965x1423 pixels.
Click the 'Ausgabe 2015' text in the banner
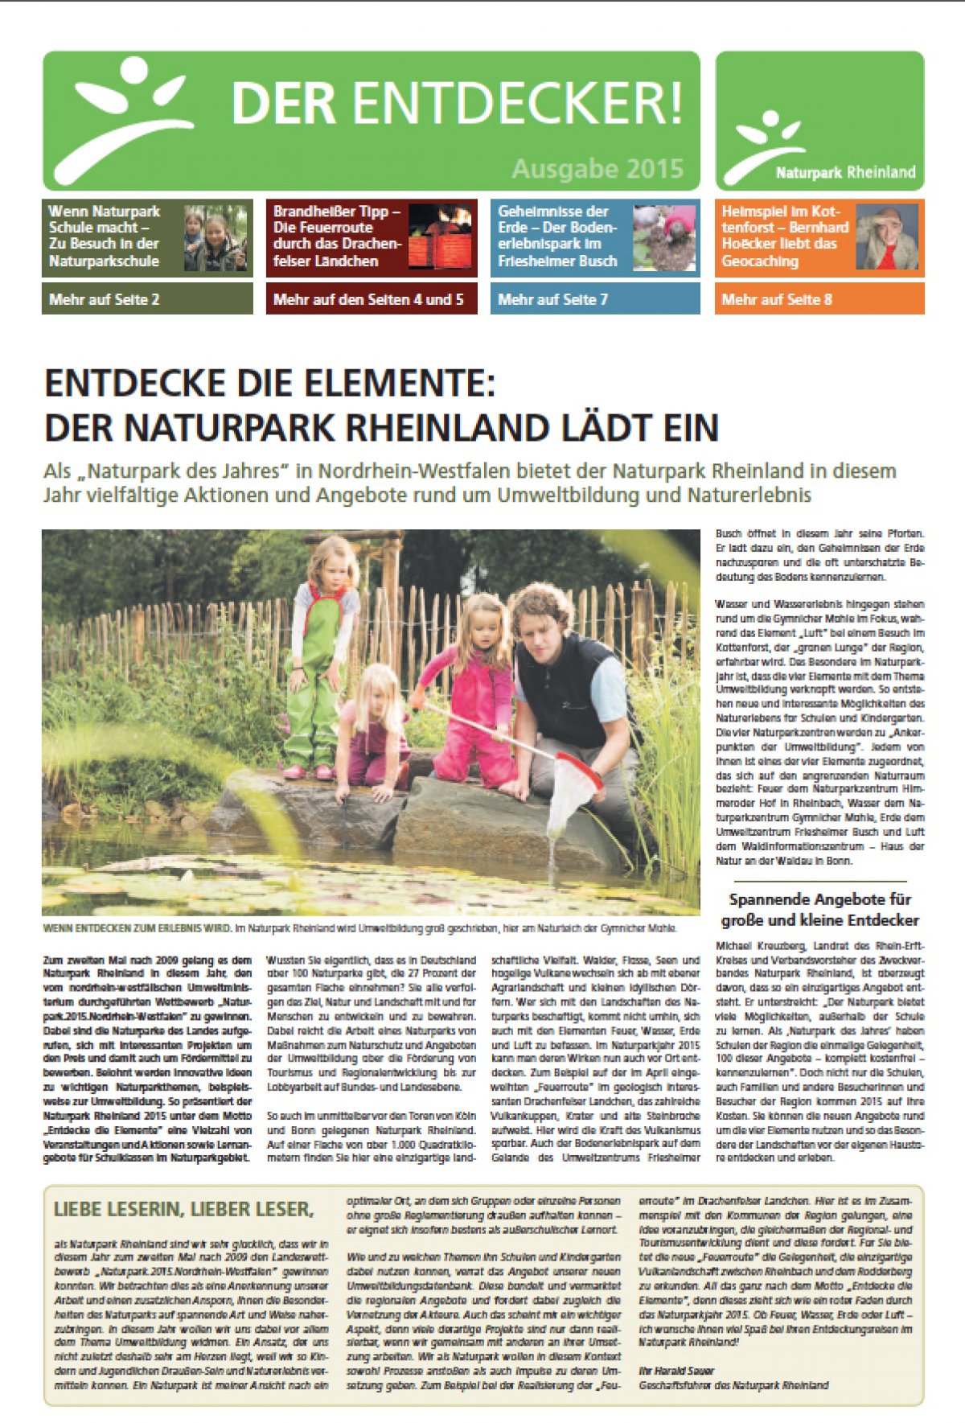point(597,169)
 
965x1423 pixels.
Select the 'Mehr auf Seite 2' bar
point(147,299)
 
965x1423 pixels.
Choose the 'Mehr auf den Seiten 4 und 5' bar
point(372,299)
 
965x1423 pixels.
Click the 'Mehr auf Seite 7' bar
point(595,299)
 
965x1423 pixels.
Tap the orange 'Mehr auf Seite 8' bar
point(819,299)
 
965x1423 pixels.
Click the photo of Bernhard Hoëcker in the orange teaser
point(887,237)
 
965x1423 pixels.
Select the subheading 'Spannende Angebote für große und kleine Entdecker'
point(819,910)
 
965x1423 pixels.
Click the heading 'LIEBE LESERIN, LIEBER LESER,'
point(182,1208)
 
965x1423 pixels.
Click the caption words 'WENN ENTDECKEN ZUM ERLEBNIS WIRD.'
point(137,928)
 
